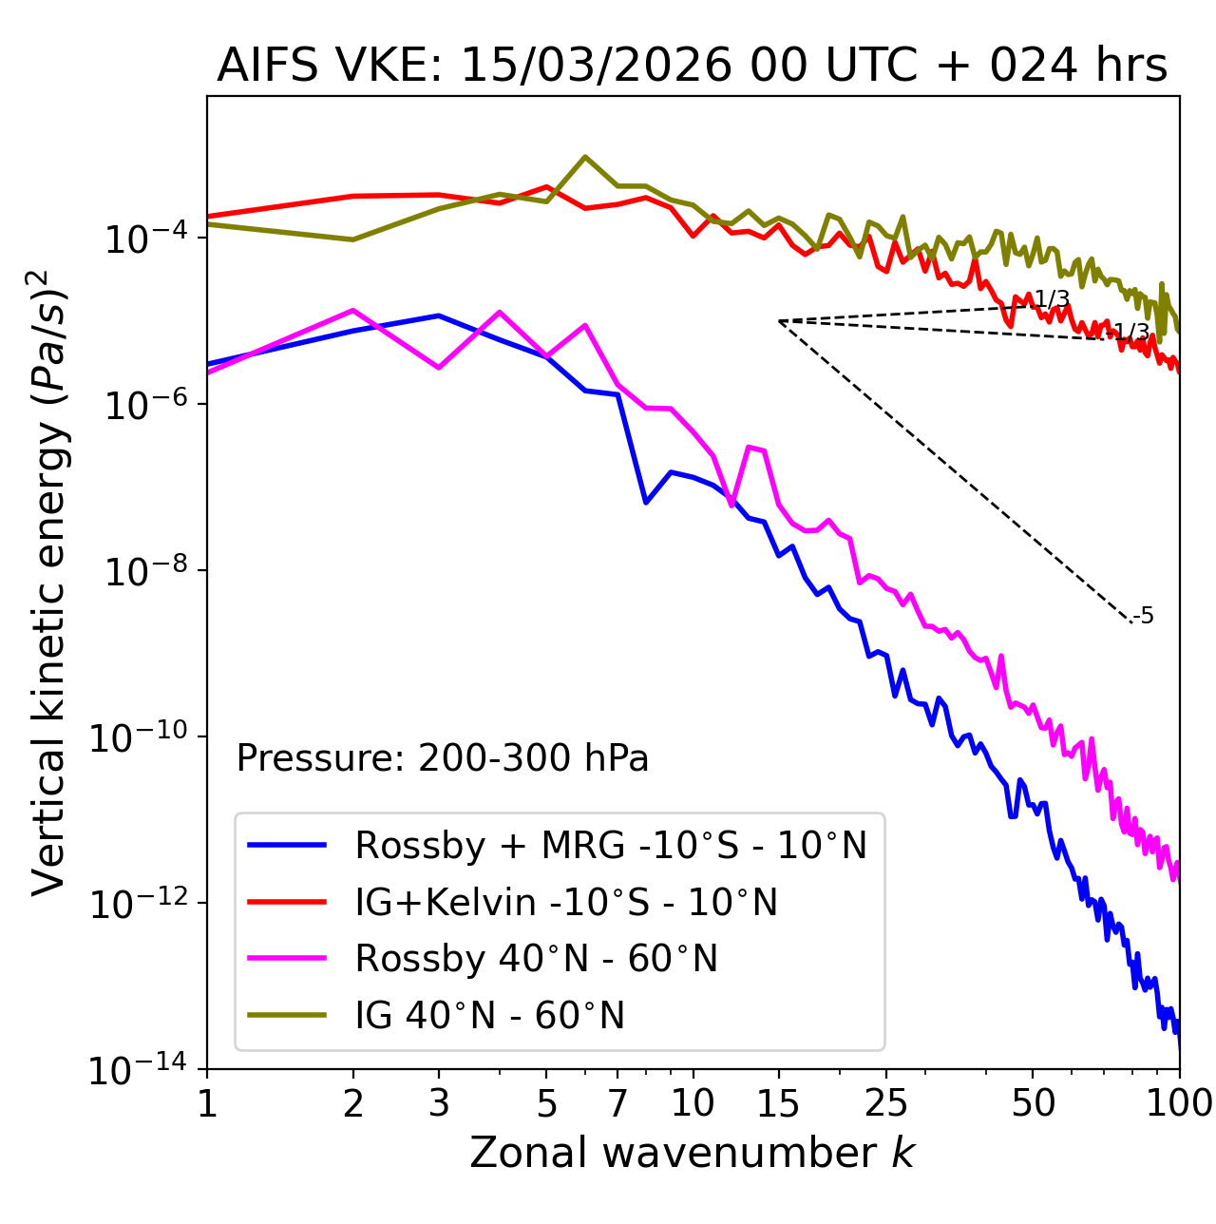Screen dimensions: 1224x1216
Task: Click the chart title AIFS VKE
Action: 692,66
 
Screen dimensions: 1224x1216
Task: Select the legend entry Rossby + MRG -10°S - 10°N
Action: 610,845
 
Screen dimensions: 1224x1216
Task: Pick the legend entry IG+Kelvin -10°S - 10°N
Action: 566,902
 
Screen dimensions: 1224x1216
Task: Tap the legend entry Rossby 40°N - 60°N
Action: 536,959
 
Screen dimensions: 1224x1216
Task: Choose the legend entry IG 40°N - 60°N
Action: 489,1016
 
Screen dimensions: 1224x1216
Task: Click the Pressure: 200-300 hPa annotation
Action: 442,758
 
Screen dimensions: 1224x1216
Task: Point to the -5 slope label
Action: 1144,616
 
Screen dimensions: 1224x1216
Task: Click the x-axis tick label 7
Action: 617,1103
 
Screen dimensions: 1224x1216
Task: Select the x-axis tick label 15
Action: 778,1103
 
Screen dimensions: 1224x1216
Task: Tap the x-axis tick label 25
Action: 886,1103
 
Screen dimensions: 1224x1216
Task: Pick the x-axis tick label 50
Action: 1033,1103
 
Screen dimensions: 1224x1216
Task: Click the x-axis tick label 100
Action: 1179,1103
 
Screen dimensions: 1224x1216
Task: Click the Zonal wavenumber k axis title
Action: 692,1153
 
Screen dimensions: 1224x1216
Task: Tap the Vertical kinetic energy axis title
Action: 49,581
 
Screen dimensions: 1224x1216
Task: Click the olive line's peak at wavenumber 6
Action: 585,157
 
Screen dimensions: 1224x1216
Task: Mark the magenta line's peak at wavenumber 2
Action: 353,310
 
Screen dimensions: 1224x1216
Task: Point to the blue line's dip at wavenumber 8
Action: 646,502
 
